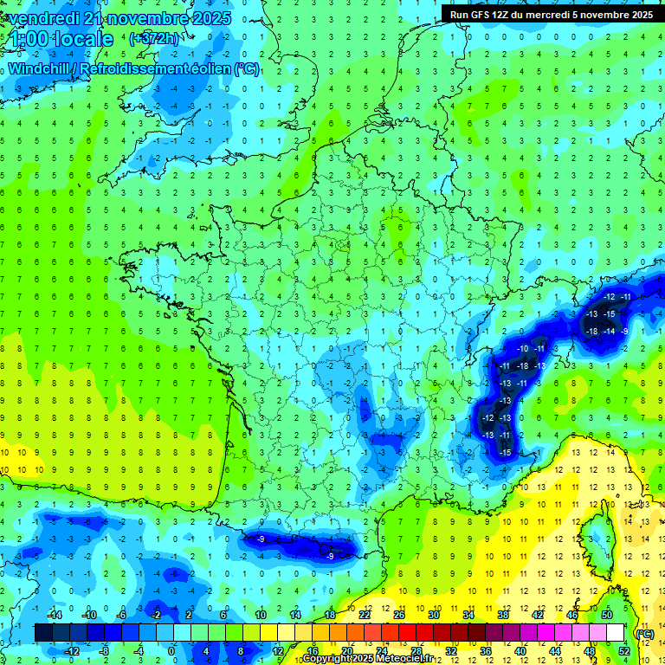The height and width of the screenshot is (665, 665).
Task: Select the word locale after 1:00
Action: (83, 39)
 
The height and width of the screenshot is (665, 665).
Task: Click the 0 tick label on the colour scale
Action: (171, 651)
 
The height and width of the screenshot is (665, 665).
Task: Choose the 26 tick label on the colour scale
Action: (399, 615)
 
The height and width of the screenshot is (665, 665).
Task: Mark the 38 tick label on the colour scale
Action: (503, 615)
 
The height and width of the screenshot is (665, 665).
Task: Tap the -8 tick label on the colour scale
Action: (104, 651)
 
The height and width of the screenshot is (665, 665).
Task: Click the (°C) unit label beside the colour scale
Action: (644, 633)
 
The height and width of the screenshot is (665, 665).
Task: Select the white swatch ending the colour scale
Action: (616, 633)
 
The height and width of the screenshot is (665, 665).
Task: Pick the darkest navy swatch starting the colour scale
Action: (43, 633)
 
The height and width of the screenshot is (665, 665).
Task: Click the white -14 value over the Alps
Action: (611, 332)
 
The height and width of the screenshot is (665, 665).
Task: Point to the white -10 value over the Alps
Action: (522, 348)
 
